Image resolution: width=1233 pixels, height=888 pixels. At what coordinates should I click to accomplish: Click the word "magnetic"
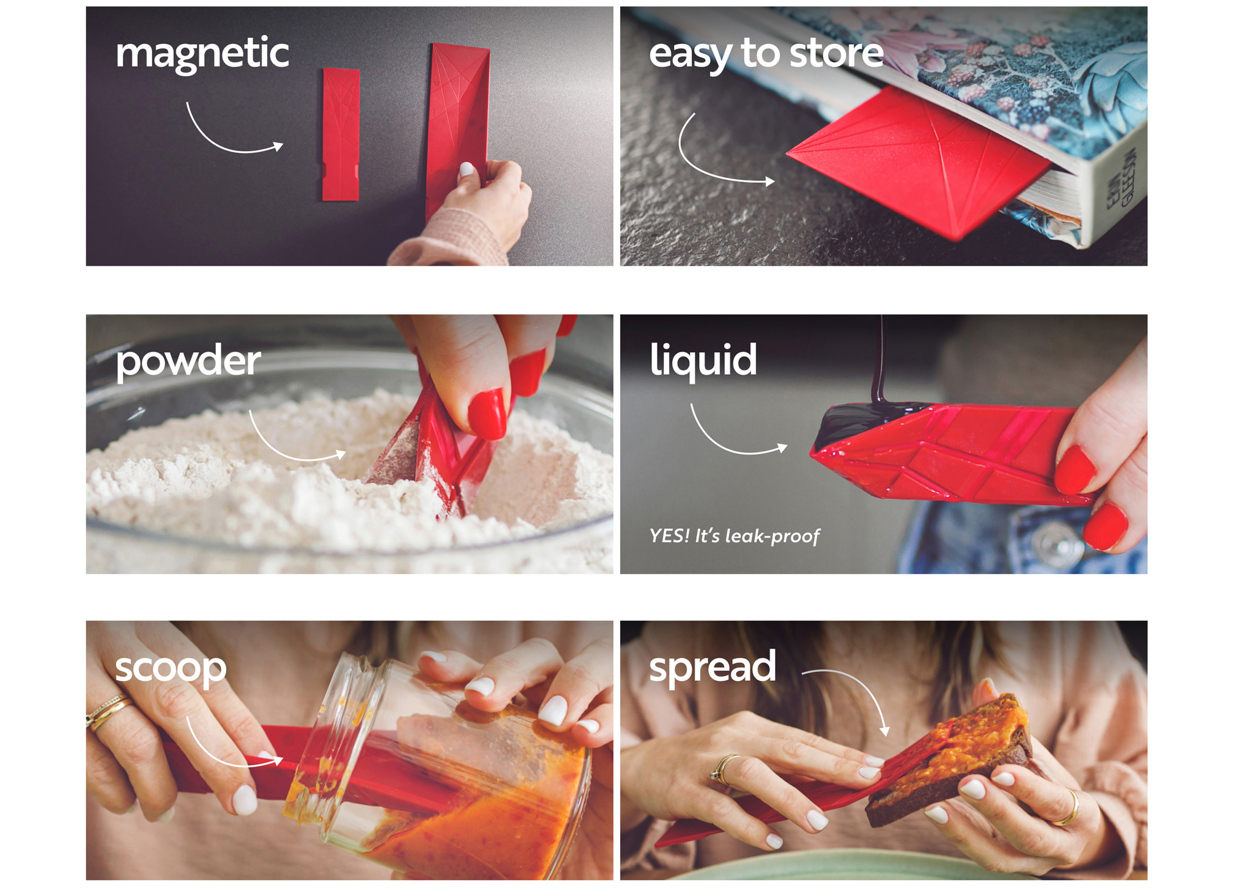[202, 54]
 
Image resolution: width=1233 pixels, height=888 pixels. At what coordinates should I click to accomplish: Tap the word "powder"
[188, 362]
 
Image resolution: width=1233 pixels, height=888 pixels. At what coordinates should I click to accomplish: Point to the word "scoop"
[171, 669]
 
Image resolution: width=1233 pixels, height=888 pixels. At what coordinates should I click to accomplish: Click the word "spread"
[712, 668]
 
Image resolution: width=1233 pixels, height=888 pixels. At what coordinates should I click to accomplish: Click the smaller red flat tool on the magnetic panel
[341, 134]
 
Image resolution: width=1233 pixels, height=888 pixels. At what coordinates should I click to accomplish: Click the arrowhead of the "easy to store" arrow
[770, 182]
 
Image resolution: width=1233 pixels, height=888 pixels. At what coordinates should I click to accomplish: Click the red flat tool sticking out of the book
[919, 160]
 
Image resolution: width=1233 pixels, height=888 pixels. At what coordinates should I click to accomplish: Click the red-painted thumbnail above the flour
[487, 413]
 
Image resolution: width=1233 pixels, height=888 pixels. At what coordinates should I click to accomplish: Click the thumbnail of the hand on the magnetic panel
[467, 169]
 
